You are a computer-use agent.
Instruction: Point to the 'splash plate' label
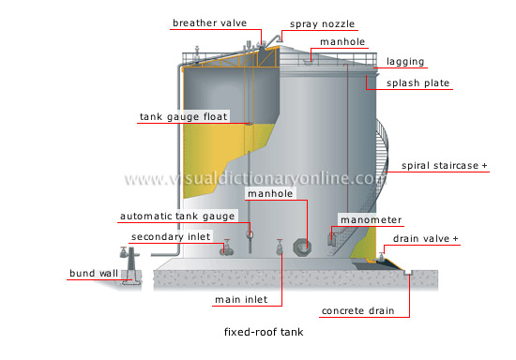point(419,83)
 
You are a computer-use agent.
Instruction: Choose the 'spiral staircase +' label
point(445,166)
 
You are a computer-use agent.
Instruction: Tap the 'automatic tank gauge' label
point(172,217)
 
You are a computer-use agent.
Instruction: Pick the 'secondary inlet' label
point(172,236)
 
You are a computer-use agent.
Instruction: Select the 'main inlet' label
point(239,300)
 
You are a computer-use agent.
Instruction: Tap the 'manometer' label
point(372,220)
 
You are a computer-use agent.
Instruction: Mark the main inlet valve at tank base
point(280,247)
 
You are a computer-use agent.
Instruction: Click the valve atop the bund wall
point(124,253)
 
